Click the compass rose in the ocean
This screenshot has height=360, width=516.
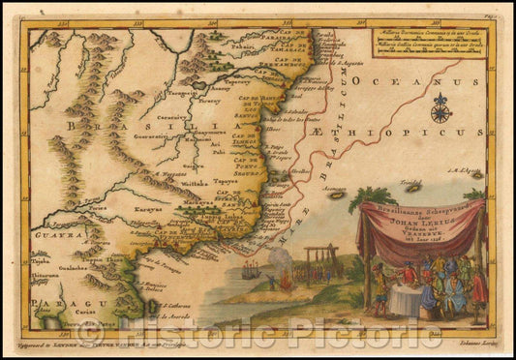tap(441, 107)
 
